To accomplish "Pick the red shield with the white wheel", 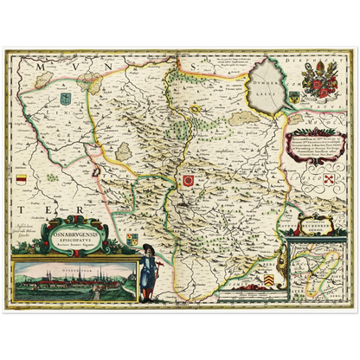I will (188, 179).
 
